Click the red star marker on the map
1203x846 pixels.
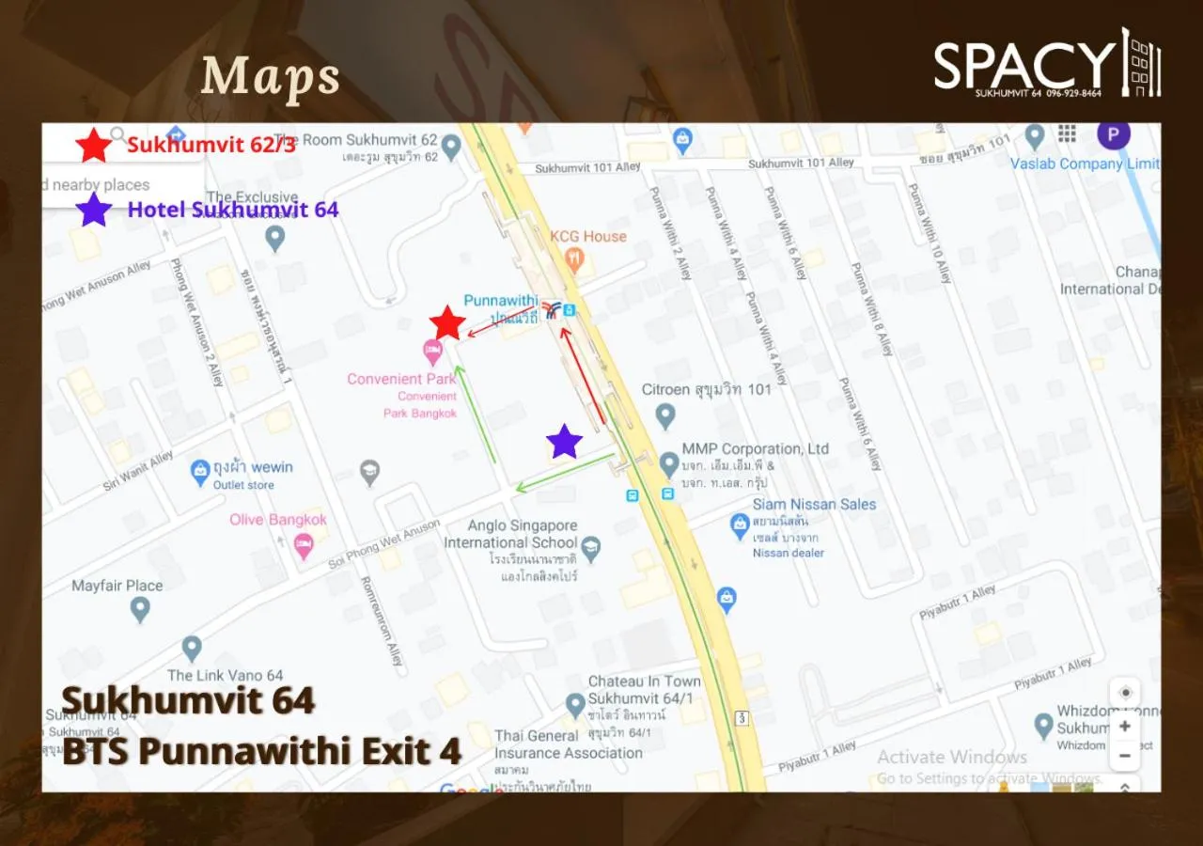pyautogui.click(x=447, y=323)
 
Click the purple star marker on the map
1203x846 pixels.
pyautogui.click(x=564, y=441)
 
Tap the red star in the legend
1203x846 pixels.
pyautogui.click(x=93, y=146)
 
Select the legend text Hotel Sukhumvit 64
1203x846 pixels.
pyautogui.click(x=232, y=209)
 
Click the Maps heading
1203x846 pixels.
pyautogui.click(x=270, y=77)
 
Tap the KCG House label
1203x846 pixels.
pyautogui.click(x=587, y=236)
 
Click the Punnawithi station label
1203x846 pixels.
pyautogui.click(x=500, y=301)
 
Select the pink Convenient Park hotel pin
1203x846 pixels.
pyautogui.click(x=432, y=352)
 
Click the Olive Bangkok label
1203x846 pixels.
pyautogui.click(x=278, y=520)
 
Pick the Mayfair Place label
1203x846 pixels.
pyautogui.click(x=117, y=586)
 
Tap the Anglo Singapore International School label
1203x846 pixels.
pyautogui.click(x=510, y=534)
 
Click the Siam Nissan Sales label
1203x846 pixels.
pyautogui.click(x=814, y=504)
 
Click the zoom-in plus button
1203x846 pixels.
pyautogui.click(x=1124, y=727)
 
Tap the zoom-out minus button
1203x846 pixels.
pyautogui.click(x=1124, y=755)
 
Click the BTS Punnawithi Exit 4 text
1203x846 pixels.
pyautogui.click(x=261, y=751)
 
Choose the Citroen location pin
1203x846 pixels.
pyautogui.click(x=665, y=415)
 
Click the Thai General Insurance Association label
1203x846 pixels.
pyautogui.click(x=569, y=744)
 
